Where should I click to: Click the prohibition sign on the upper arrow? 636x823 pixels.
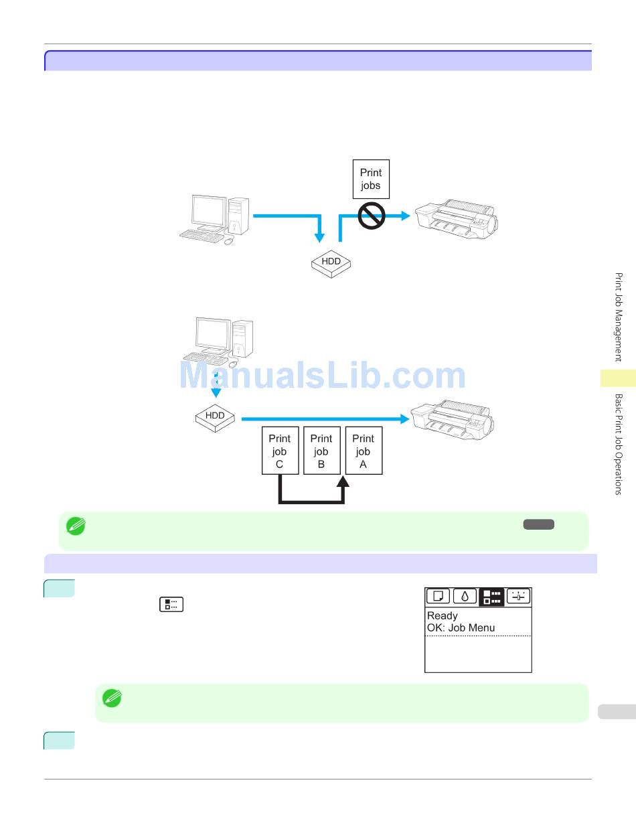pos(372,216)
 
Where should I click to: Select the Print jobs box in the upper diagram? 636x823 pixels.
pos(371,179)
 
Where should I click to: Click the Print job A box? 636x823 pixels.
pos(364,451)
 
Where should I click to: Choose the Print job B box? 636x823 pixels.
pos(321,451)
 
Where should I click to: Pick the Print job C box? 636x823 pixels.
pos(279,451)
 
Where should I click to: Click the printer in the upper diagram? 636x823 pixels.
pos(457,218)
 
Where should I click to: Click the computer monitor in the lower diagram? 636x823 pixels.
pos(213,334)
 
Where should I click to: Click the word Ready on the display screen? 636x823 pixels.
pos(443,615)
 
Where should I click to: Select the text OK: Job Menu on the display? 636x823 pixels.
pos(461,628)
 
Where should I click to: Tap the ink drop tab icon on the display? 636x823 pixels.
pos(465,596)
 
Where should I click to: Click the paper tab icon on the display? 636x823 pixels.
pos(438,596)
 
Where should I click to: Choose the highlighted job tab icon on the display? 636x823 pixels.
pos(491,596)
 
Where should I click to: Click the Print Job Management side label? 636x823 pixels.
pos(619,316)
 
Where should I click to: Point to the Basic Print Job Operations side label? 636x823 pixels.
pos(619,443)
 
